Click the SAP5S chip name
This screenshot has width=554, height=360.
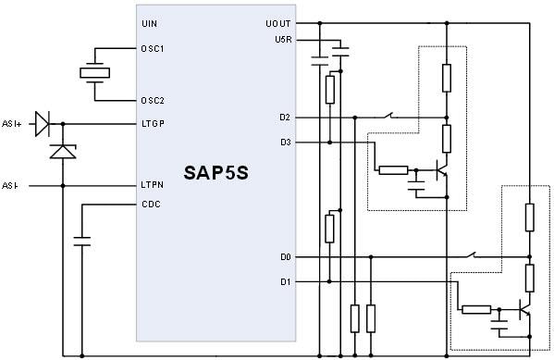[x=215, y=174]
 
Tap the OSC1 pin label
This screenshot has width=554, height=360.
[x=153, y=49]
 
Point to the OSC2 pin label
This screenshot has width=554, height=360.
[x=153, y=100]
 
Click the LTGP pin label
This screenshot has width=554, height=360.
[x=153, y=123]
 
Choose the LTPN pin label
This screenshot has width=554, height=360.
[x=153, y=185]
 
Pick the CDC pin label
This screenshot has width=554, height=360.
[x=150, y=205]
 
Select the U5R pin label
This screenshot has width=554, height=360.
[x=282, y=40]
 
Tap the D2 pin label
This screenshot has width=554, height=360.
[x=285, y=118]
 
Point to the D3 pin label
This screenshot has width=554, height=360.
[x=285, y=142]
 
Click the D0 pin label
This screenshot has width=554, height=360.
[x=285, y=256]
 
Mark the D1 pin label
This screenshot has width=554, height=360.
[x=285, y=280]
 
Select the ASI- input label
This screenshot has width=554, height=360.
[x=10, y=185]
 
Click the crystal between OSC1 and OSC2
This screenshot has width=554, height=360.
[x=94, y=74]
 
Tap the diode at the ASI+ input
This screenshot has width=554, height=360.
[x=42, y=122]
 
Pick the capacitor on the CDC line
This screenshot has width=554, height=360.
[x=82, y=242]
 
